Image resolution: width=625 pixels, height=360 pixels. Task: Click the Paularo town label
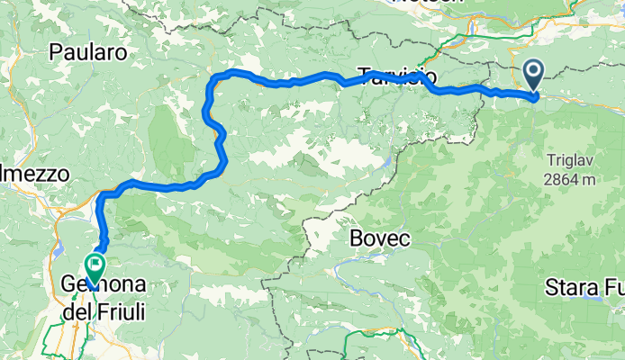click(x=87, y=52)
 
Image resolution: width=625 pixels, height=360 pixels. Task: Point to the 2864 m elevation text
click(x=570, y=179)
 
